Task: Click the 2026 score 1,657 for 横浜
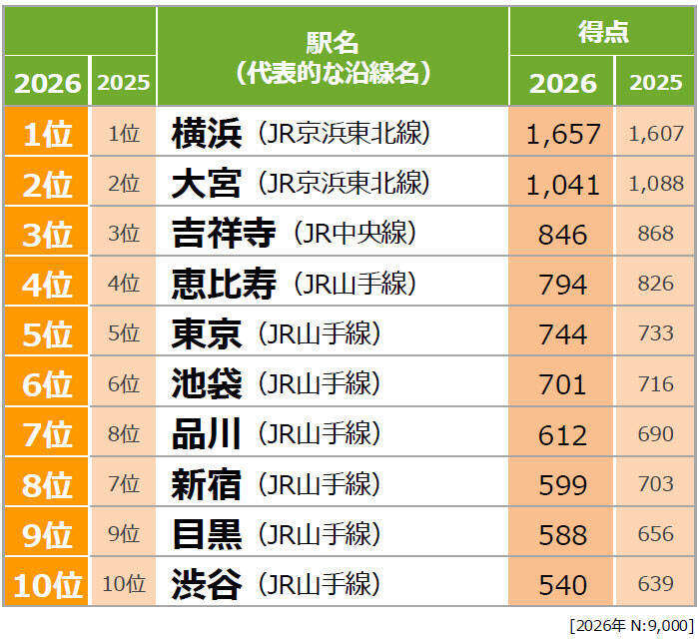pyautogui.click(x=562, y=134)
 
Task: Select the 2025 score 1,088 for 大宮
pyautogui.click(x=656, y=184)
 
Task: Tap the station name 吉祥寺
pyautogui.click(x=224, y=234)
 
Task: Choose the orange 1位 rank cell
pyautogui.click(x=46, y=134)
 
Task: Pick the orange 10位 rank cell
pyautogui.click(x=46, y=584)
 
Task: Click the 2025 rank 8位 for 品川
pyautogui.click(x=123, y=434)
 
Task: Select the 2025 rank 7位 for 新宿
pyautogui.click(x=123, y=484)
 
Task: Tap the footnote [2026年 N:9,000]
pyautogui.click(x=630, y=625)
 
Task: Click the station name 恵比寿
pyautogui.click(x=224, y=284)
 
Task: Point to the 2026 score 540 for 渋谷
pyautogui.click(x=562, y=584)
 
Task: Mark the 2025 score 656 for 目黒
pyautogui.click(x=656, y=534)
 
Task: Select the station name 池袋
pyautogui.click(x=206, y=384)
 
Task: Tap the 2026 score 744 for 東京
pyautogui.click(x=562, y=334)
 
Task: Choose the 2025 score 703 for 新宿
pyautogui.click(x=656, y=484)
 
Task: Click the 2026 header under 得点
pyautogui.click(x=562, y=83)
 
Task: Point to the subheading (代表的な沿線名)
pyautogui.click(x=332, y=72)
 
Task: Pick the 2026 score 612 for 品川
pyautogui.click(x=562, y=434)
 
